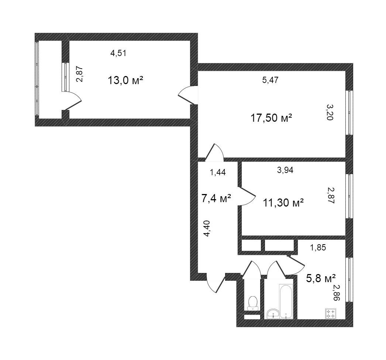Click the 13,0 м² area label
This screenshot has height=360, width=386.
pos(125,80)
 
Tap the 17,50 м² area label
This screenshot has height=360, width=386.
pos(271,118)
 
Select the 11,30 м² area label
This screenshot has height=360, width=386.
pos(283,203)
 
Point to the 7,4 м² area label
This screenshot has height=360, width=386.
pos(216,198)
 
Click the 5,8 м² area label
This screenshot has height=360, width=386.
pos(321,278)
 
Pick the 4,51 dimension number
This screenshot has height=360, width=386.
pos(118,53)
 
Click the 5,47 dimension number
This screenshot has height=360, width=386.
pos(270,80)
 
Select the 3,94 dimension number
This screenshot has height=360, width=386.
pos(285,170)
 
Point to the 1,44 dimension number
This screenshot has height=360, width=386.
pos(218,172)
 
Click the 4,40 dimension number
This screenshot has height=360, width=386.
pos(207,229)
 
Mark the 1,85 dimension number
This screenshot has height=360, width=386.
pos(318,247)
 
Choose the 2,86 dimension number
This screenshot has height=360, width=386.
pos(336,292)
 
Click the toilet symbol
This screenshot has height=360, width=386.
pos(253,303)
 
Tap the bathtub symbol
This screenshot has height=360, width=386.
pos(286,301)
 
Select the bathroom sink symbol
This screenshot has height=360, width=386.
pos(273,314)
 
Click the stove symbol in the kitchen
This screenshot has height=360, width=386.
pos(330,314)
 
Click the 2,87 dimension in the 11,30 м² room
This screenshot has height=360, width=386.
pos(331,195)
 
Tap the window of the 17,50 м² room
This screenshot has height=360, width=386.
pos(349,113)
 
